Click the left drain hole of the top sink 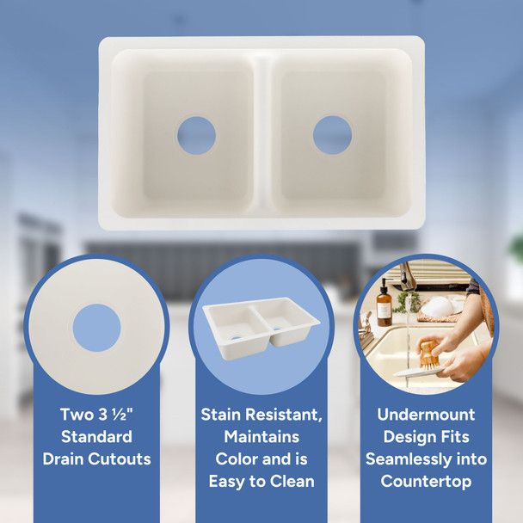pos(196,135)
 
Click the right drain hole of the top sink pos(332,134)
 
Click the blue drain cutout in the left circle pos(96,328)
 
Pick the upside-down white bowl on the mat pos(438,306)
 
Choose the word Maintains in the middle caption pos(261,437)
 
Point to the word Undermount pos(426,415)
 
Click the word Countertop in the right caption pos(426,482)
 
